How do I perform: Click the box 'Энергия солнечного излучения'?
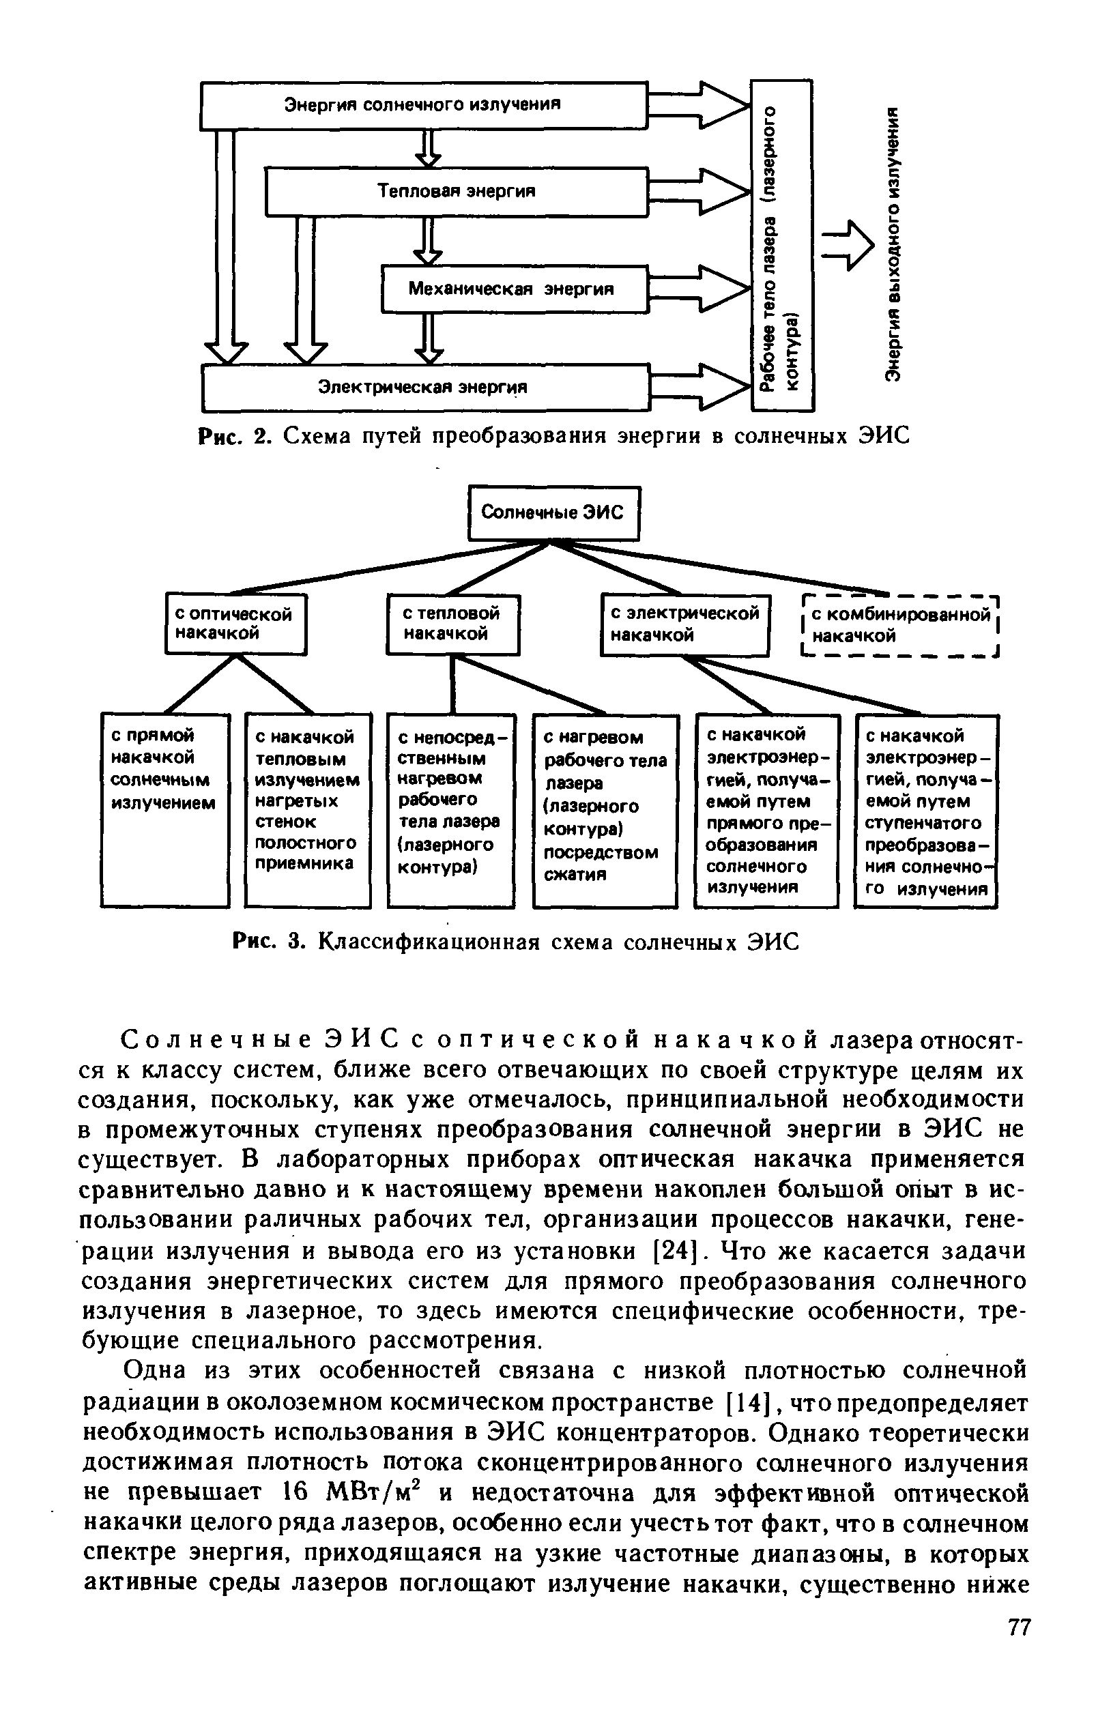coord(423,105)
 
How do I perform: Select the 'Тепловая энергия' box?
coord(457,191)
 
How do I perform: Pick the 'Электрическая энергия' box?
coord(424,388)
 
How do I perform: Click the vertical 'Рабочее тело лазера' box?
coord(782,246)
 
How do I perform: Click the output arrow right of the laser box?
coord(848,246)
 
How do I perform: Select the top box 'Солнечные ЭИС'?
coord(553,513)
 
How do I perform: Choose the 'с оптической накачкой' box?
coord(235,624)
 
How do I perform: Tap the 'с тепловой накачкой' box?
coord(452,624)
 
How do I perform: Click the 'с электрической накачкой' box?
coord(685,624)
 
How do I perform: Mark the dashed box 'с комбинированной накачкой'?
coord(900,625)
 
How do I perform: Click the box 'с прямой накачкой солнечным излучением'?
coord(164,809)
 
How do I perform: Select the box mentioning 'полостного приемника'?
coord(308,809)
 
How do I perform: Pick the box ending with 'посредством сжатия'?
coord(605,810)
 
